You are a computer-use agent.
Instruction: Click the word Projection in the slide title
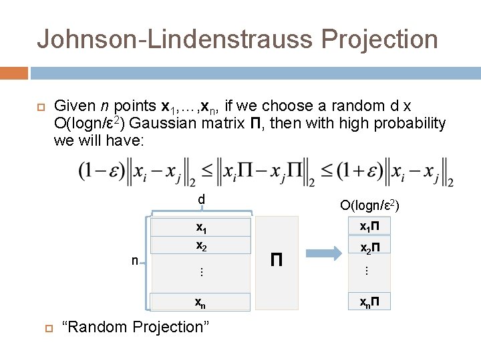pyautogui.click(x=379, y=39)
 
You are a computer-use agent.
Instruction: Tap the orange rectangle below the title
pyautogui.click(x=14, y=72)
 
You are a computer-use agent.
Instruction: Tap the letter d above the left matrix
pyautogui.click(x=200, y=199)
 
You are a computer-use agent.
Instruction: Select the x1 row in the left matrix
pyautogui.click(x=200, y=227)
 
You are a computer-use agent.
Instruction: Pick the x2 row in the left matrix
pyautogui.click(x=200, y=245)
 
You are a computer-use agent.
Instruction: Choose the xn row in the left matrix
pyautogui.click(x=200, y=302)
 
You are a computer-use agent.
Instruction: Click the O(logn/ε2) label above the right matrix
pyautogui.click(x=370, y=205)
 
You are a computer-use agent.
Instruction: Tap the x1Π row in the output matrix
pyautogui.click(x=370, y=227)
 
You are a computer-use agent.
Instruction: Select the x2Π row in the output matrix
pyautogui.click(x=370, y=249)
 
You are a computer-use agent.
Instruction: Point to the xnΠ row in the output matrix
pyautogui.click(x=370, y=302)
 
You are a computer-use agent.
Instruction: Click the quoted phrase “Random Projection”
pyautogui.click(x=134, y=327)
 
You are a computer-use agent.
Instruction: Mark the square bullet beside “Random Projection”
pyautogui.click(x=48, y=328)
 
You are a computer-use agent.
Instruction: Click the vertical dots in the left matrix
pyautogui.click(x=200, y=272)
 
